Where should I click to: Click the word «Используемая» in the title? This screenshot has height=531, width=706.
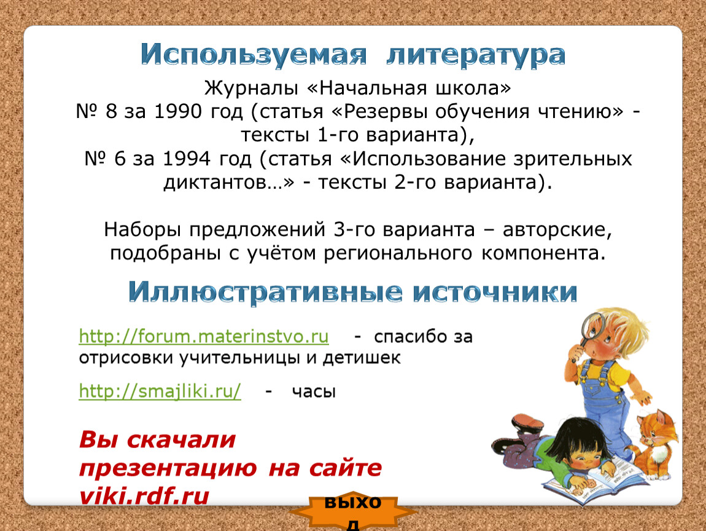[x=254, y=55]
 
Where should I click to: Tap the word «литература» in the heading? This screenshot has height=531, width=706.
[x=476, y=55]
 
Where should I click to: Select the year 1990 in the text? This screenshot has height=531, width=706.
[x=178, y=111]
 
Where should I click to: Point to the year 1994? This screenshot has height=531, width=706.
[x=187, y=159]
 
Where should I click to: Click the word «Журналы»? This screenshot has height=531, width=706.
[x=251, y=88]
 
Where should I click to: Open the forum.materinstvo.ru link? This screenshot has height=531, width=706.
[x=204, y=336]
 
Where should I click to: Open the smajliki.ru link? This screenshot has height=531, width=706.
[x=160, y=391]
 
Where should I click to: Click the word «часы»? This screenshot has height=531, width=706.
[x=314, y=391]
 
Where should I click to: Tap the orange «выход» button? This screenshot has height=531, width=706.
[x=353, y=511]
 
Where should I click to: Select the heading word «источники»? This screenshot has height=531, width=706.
[x=495, y=292]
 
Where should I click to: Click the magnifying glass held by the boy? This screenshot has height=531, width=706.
[x=591, y=328]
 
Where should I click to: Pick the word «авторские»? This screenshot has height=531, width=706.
[x=557, y=230]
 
